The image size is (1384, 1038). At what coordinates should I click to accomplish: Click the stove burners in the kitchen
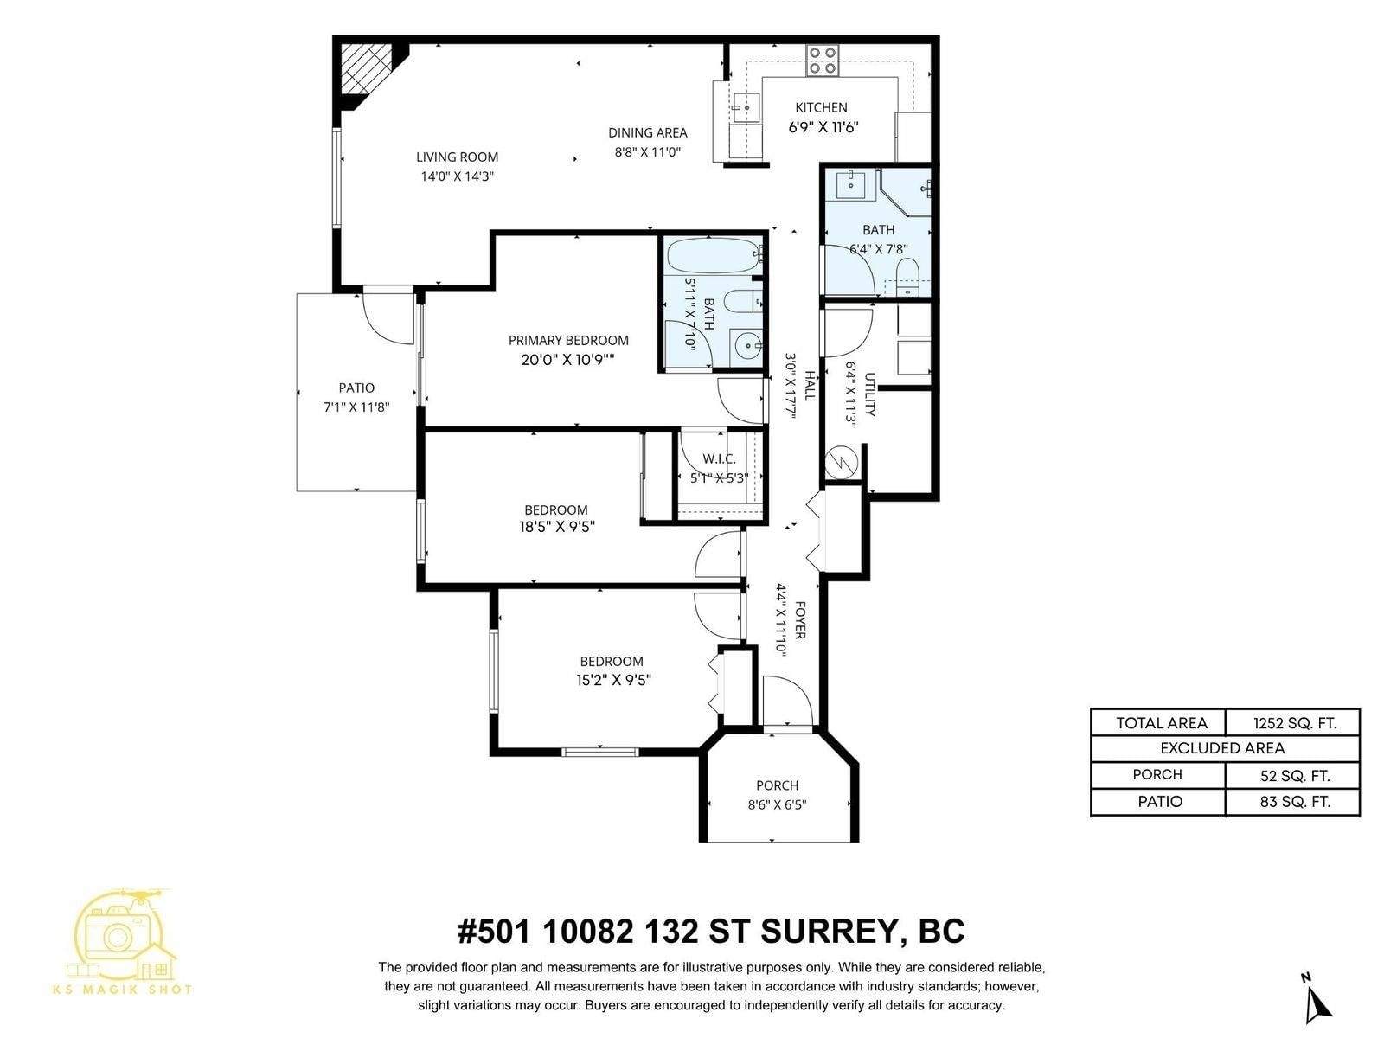point(823,61)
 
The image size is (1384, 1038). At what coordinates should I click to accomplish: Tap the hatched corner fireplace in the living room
point(367,73)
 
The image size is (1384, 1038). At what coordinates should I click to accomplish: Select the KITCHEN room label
point(821,107)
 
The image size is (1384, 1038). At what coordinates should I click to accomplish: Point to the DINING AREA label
point(648,133)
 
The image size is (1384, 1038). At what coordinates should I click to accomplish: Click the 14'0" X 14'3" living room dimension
point(457,176)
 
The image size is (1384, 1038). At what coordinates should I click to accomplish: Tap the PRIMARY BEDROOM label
point(568,340)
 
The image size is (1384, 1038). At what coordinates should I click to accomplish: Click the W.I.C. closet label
point(720,458)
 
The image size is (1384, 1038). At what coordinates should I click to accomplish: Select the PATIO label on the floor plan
point(356,388)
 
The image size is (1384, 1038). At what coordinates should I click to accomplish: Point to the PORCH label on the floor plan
point(778,785)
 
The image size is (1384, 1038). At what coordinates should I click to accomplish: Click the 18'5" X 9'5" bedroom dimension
point(557,527)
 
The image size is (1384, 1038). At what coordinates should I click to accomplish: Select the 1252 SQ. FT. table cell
point(1294,723)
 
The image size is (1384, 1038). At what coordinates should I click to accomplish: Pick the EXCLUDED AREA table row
point(1225,748)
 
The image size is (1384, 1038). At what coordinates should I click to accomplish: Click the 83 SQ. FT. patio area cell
point(1294,802)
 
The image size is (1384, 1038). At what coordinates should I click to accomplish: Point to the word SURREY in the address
point(827,931)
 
